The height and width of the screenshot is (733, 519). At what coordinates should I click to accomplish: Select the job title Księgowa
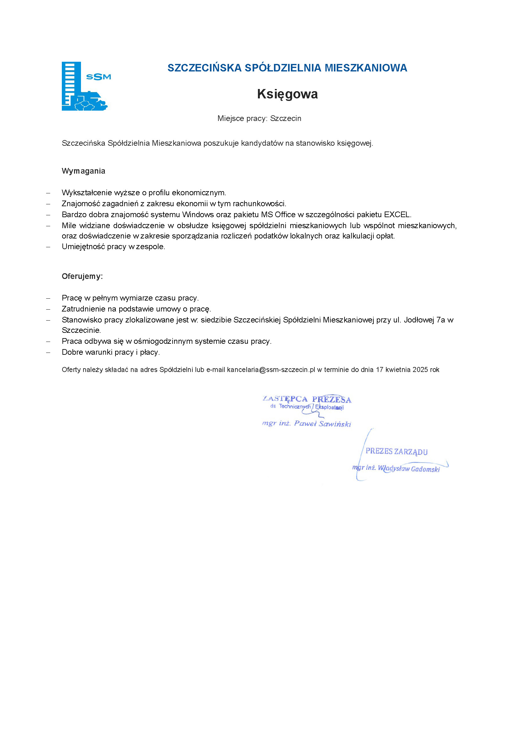click(x=287, y=94)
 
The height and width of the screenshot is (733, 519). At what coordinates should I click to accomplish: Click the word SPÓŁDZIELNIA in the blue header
click(x=283, y=68)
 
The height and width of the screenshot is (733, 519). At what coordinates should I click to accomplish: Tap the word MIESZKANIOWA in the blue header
click(x=366, y=68)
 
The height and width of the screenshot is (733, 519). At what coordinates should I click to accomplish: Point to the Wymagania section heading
click(x=83, y=171)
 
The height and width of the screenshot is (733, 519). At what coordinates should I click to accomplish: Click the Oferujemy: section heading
click(x=82, y=276)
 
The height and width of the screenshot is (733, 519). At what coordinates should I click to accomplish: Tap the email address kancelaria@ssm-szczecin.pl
click(x=271, y=370)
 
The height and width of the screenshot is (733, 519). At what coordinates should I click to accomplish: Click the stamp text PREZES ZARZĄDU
click(x=397, y=451)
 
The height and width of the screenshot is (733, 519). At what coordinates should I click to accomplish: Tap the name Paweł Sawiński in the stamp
click(x=323, y=424)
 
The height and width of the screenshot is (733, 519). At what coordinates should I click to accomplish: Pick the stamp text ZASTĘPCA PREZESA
click(x=307, y=399)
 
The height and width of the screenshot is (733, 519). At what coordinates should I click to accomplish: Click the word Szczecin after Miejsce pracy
click(x=286, y=118)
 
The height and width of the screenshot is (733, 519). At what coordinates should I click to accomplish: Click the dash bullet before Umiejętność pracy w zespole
click(x=48, y=247)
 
